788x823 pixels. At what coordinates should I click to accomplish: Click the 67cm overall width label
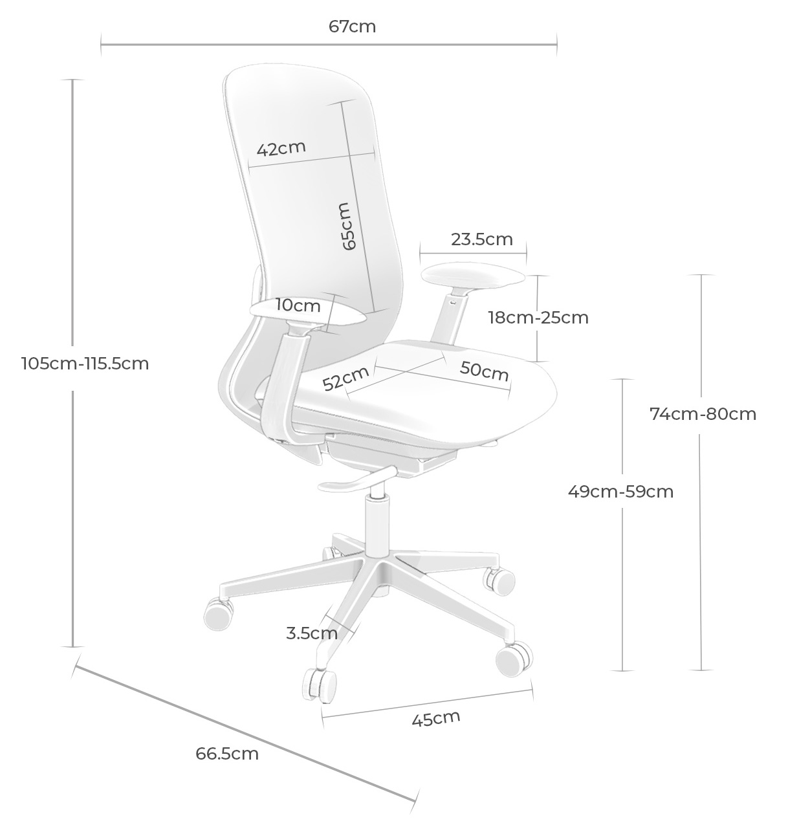tap(352, 27)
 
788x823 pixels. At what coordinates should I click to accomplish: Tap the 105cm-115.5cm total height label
tap(85, 364)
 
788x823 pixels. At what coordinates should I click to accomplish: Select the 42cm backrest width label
tap(281, 148)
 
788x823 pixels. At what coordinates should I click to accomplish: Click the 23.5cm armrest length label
tap(482, 240)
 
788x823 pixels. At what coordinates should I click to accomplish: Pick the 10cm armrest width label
tap(298, 305)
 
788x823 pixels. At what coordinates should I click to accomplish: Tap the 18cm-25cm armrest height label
tap(538, 318)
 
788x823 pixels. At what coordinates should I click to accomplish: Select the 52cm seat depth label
tap(345, 378)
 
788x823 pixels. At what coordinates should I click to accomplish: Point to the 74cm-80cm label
tap(703, 414)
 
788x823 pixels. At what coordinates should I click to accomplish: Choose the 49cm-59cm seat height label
tap(620, 492)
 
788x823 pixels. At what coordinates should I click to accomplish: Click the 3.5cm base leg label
tap(312, 633)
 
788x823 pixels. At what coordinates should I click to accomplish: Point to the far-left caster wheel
tap(219, 615)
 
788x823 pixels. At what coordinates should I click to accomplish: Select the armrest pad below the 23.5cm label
tap(473, 276)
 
